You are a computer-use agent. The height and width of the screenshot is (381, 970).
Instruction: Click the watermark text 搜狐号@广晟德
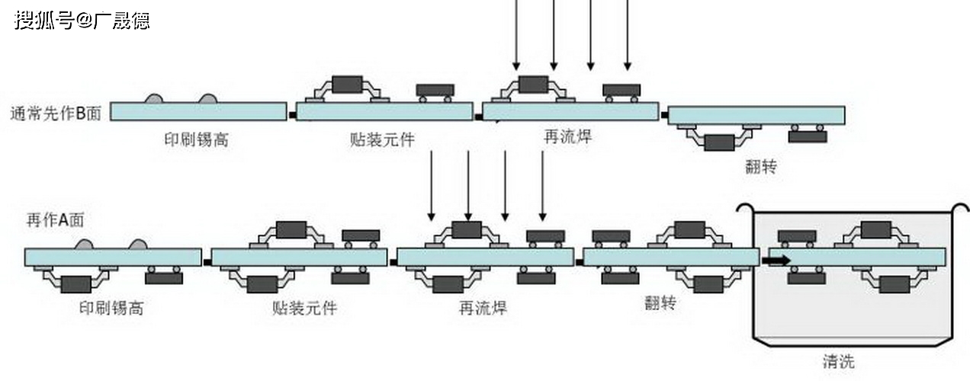(82, 20)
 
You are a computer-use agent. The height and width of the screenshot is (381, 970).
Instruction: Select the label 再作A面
(54, 219)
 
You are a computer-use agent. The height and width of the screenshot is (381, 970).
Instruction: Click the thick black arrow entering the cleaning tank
(776, 261)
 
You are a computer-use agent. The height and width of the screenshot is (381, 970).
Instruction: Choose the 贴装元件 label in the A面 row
(304, 308)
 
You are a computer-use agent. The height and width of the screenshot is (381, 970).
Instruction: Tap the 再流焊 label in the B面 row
(567, 137)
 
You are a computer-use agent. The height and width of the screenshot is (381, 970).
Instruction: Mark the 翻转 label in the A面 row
(660, 303)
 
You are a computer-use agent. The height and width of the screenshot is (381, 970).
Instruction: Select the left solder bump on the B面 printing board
(153, 99)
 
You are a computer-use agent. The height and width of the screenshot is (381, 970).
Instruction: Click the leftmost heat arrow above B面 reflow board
(516, 34)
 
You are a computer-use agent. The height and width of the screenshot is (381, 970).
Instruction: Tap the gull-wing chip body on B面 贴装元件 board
(347, 84)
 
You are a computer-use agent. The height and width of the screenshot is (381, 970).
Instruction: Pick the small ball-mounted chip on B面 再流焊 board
(622, 91)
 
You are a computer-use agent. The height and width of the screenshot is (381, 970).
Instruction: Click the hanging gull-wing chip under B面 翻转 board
(718, 142)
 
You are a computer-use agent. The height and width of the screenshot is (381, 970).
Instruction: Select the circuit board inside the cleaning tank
(857, 257)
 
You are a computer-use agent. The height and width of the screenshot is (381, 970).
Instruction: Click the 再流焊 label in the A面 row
(483, 308)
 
